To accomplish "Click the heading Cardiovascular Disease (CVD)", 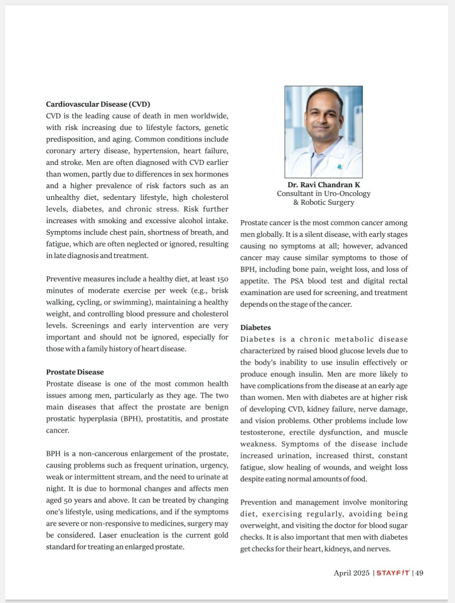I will [98, 104].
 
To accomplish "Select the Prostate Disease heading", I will [75, 372].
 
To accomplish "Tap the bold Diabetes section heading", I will [255, 327].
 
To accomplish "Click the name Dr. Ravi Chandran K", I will [324, 185].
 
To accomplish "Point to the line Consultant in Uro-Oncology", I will [324, 194].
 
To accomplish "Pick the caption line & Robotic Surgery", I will [324, 202].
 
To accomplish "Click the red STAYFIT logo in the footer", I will [392, 573].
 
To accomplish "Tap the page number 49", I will [419, 573].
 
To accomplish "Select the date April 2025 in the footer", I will [351, 573].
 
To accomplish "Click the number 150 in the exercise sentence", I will [223, 279].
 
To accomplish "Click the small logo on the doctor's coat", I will [340, 167].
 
